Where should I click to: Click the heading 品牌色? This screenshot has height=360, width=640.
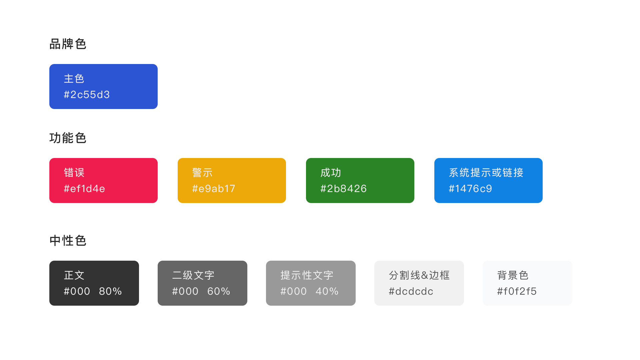[68, 44]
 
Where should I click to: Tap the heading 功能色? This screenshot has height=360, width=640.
[68, 138]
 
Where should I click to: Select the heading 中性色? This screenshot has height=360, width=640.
[68, 241]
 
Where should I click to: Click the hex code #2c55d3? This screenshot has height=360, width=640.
[87, 95]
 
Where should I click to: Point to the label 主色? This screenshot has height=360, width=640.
[74, 79]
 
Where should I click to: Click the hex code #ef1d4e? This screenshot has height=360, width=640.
[84, 189]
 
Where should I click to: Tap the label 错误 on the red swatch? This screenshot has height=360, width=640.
[74, 173]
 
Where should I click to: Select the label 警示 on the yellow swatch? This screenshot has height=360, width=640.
[202, 173]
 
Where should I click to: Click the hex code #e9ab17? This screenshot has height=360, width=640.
[214, 189]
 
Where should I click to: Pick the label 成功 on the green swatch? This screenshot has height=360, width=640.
[331, 173]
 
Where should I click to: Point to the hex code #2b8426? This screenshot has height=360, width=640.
[343, 189]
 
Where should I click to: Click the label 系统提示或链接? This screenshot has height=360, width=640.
[486, 173]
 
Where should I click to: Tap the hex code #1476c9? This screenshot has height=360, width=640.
[470, 189]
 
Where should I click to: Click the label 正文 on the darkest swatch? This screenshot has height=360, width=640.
[74, 275]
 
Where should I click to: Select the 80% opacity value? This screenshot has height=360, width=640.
[110, 291]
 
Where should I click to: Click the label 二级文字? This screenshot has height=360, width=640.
[193, 275]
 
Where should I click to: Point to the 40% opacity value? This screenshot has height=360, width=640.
[327, 291]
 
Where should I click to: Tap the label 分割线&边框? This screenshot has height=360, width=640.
[419, 275]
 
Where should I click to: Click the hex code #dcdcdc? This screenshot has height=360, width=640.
[411, 291]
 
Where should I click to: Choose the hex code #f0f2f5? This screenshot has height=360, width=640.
[517, 291]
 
